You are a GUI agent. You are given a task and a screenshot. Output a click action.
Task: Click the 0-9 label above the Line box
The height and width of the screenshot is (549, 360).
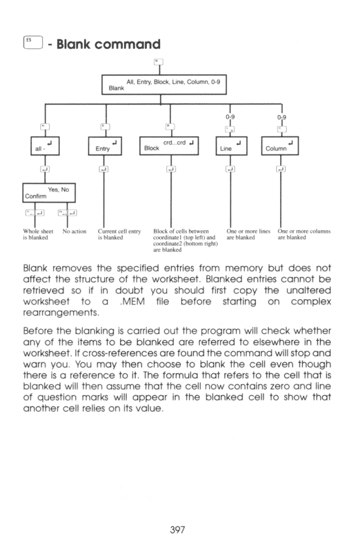click(230, 117)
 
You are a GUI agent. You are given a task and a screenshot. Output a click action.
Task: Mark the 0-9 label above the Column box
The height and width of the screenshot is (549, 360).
click(282, 117)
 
